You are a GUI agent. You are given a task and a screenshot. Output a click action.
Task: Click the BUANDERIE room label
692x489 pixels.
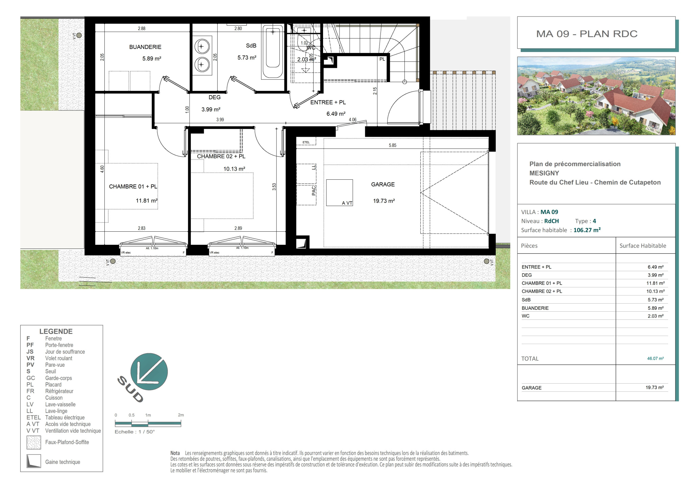coord(145,47)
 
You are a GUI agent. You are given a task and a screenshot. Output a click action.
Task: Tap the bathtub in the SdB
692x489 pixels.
coord(273,52)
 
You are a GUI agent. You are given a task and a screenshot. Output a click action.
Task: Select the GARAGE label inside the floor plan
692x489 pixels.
coord(383,184)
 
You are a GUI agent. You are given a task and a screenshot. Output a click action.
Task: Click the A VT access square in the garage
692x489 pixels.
coord(340,192)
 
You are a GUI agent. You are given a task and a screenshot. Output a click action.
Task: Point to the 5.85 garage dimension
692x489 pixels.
coord(392,145)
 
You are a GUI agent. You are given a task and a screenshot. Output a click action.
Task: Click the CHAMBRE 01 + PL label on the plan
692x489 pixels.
coord(133,186)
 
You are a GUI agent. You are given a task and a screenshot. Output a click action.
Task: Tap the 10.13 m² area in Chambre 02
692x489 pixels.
coord(234,169)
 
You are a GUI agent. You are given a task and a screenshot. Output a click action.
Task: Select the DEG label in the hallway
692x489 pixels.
coord(215,97)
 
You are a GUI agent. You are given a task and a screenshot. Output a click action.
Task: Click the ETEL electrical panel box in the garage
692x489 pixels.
coord(306,141)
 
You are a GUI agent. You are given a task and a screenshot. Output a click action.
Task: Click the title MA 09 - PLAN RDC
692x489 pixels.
coord(587,34)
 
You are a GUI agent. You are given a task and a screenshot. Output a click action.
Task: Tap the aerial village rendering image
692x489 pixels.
coord(596,96)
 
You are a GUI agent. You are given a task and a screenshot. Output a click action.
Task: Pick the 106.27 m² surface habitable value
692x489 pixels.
coord(587,230)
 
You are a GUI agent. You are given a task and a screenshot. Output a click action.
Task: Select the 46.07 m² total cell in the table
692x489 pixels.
coord(656,358)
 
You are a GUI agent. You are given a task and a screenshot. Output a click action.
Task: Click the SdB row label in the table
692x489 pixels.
coord(526,300)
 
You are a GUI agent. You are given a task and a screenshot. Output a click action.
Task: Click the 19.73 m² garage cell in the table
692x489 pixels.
coord(654,387)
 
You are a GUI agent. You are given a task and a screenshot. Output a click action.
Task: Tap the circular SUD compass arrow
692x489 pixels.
coord(149,371)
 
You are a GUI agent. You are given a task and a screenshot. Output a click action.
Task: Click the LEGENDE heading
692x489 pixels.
coord(56,331)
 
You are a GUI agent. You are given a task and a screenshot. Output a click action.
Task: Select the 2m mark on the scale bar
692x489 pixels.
coord(181,415)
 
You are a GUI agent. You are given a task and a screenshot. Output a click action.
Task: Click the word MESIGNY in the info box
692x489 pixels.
coord(544,173)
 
